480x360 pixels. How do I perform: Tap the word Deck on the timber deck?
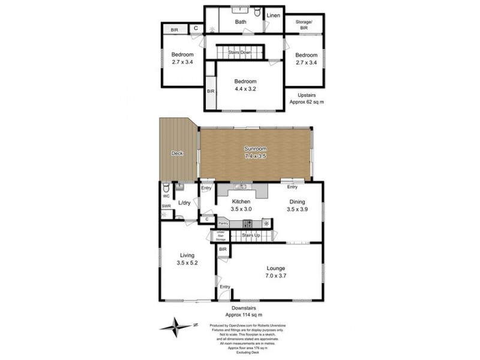(177, 154)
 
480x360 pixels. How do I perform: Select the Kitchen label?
(241, 202)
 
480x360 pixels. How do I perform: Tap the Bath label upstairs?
(240, 22)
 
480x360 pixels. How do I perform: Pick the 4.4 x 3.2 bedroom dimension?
(246, 89)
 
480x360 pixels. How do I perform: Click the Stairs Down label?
(240, 53)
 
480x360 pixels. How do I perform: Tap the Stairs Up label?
(251, 236)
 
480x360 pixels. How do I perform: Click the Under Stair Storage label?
(220, 235)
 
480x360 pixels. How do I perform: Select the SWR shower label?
(166, 206)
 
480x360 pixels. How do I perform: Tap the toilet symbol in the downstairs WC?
(166, 187)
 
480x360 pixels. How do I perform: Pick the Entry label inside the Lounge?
(224, 287)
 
